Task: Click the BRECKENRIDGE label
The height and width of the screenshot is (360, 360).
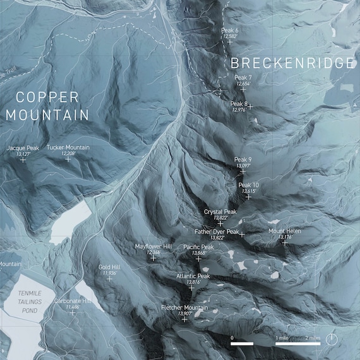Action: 291,63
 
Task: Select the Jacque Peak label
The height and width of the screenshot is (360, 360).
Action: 23,148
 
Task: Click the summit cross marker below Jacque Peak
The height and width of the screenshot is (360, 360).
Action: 23,160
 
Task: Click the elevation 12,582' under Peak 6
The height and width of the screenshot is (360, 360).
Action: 229,37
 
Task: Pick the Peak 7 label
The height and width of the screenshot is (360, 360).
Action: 243,77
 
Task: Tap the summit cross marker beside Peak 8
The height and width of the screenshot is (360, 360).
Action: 250,106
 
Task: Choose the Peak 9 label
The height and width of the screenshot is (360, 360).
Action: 243,160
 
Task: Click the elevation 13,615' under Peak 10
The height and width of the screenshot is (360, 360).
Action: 248,191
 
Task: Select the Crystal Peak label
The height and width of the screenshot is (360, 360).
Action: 220,212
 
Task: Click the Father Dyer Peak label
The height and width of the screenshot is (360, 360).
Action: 217,232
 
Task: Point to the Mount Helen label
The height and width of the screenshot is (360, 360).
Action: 285,231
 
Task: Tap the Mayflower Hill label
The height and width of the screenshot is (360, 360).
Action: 153,246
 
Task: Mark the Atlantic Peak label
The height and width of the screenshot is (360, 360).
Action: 193,276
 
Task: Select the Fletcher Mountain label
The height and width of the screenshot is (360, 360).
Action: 184,307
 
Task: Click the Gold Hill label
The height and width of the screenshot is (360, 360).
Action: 109,267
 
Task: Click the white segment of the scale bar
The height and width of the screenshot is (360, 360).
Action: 242,344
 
